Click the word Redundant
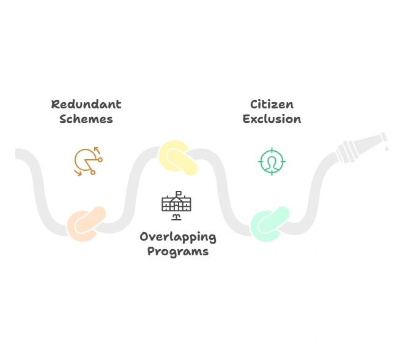coord(86,104)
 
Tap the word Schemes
coord(86,119)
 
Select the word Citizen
coord(272,104)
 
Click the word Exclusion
coord(272,119)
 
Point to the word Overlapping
coord(177,237)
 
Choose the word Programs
coord(177,251)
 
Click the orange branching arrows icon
coord(87,161)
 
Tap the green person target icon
coord(272,162)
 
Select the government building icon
coord(176,203)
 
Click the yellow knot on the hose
coord(177,157)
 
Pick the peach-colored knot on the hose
coord(86,223)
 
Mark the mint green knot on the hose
coord(270,223)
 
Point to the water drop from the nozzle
coord(387,148)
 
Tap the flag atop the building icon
coord(179,193)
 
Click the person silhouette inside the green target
coord(272,162)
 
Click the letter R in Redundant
coord(55,104)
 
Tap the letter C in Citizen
coord(254,104)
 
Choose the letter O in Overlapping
coord(144,236)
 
